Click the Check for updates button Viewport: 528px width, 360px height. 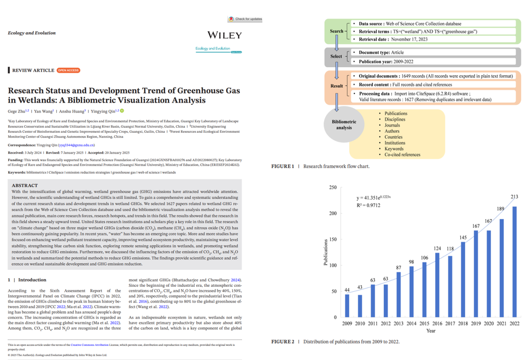click(x=245, y=19)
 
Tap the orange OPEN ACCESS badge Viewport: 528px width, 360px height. click(x=68, y=70)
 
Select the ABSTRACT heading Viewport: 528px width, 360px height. click(x=25, y=186)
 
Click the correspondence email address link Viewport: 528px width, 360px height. click(x=76, y=145)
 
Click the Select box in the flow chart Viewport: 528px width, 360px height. click(x=336, y=56)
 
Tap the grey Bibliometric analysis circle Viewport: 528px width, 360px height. click(x=344, y=125)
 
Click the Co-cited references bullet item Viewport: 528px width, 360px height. click(x=402, y=155)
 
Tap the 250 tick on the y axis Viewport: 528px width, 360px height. click(x=333, y=187)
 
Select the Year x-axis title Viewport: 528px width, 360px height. click(x=431, y=331)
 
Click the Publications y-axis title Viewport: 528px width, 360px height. click(x=325, y=252)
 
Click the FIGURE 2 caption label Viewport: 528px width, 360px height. click(x=283, y=342)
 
